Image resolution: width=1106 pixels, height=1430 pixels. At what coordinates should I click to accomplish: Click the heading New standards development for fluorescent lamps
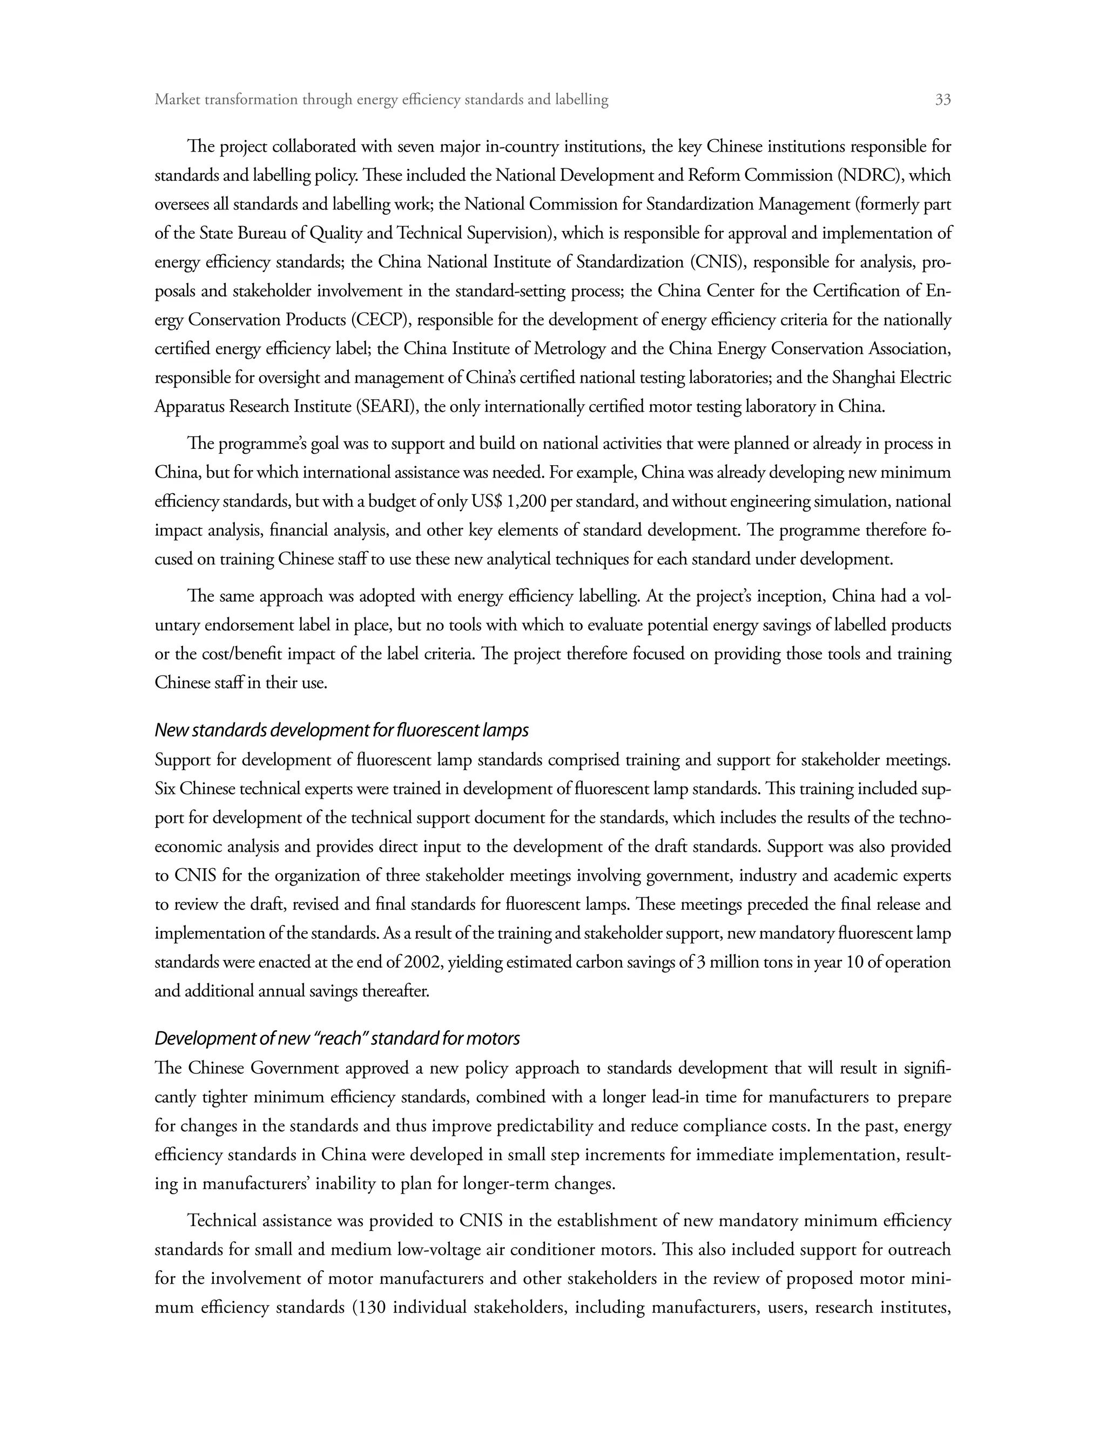pos(341,730)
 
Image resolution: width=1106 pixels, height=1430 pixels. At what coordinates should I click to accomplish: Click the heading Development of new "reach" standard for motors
pos(337,1038)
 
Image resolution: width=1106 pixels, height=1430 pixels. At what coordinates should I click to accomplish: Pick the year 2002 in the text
pos(423,962)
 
